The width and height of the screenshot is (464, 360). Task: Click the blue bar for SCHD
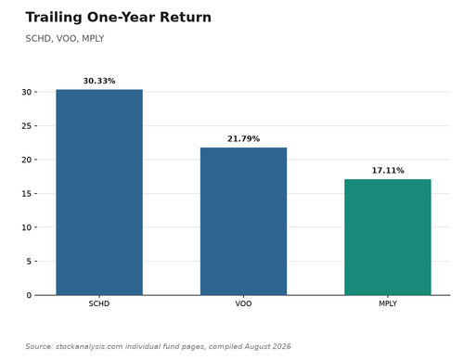[99, 192]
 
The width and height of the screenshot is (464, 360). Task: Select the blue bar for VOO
[243, 221]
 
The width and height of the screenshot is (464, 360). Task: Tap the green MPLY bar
[388, 237]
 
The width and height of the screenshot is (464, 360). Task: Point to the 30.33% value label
[99, 81]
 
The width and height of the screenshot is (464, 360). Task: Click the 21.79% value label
[243, 139]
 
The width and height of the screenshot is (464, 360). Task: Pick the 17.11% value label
[388, 171]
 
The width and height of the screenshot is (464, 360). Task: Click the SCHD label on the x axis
[99, 303]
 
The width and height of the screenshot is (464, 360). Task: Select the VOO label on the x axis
[243, 303]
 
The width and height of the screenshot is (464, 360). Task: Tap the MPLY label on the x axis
[388, 303]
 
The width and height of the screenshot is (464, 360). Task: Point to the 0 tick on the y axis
[29, 295]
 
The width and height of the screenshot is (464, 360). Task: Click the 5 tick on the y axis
[29, 262]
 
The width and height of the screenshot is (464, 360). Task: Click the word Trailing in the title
[54, 18]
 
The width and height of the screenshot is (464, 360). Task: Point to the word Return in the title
[186, 17]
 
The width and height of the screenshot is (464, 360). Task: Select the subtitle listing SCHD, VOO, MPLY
[65, 39]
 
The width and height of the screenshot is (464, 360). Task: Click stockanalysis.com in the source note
[89, 346]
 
